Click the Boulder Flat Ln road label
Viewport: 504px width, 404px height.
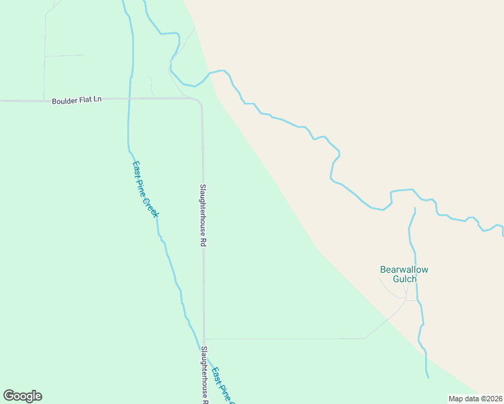pyautogui.click(x=77, y=100)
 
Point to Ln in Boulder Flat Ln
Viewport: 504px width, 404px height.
pyautogui.click(x=97, y=100)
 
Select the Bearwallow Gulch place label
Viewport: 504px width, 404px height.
pyautogui.click(x=404, y=274)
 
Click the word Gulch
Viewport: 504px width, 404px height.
pyautogui.click(x=404, y=279)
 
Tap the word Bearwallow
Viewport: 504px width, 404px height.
pyautogui.click(x=404, y=269)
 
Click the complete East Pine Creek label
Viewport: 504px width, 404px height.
pyautogui.click(x=145, y=189)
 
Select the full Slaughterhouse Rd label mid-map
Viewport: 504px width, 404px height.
pyautogui.click(x=202, y=215)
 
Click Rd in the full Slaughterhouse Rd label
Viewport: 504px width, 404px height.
pyautogui.click(x=202, y=242)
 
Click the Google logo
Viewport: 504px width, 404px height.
pyautogui.click(x=22, y=396)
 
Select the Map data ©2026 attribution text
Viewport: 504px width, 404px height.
pyautogui.click(x=475, y=399)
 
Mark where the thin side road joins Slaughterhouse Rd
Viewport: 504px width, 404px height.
pyautogui.click(x=203, y=339)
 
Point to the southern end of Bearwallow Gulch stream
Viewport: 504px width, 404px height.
pyautogui.click(x=427, y=376)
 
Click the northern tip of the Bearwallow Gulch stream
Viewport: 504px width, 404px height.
pyautogui.click(x=414, y=208)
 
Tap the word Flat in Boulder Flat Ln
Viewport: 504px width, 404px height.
pyautogui.click(x=85, y=100)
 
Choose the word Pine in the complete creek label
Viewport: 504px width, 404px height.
pyautogui.click(x=144, y=185)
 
